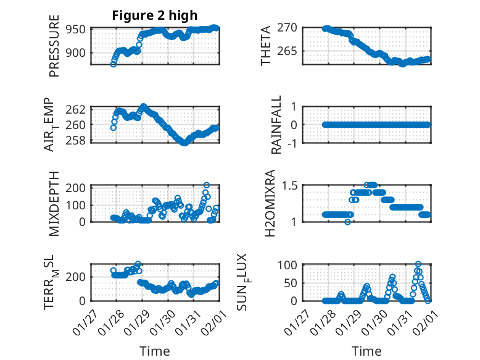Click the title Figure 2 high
tap(155, 15)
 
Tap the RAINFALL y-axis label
tap(277, 125)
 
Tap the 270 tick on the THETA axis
tap(291, 28)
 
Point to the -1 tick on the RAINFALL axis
tap(292, 143)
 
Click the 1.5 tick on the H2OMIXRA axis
tap(291, 185)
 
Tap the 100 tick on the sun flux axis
tap(291, 265)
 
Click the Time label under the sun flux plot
tap(366, 351)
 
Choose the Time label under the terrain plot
tap(154, 351)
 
